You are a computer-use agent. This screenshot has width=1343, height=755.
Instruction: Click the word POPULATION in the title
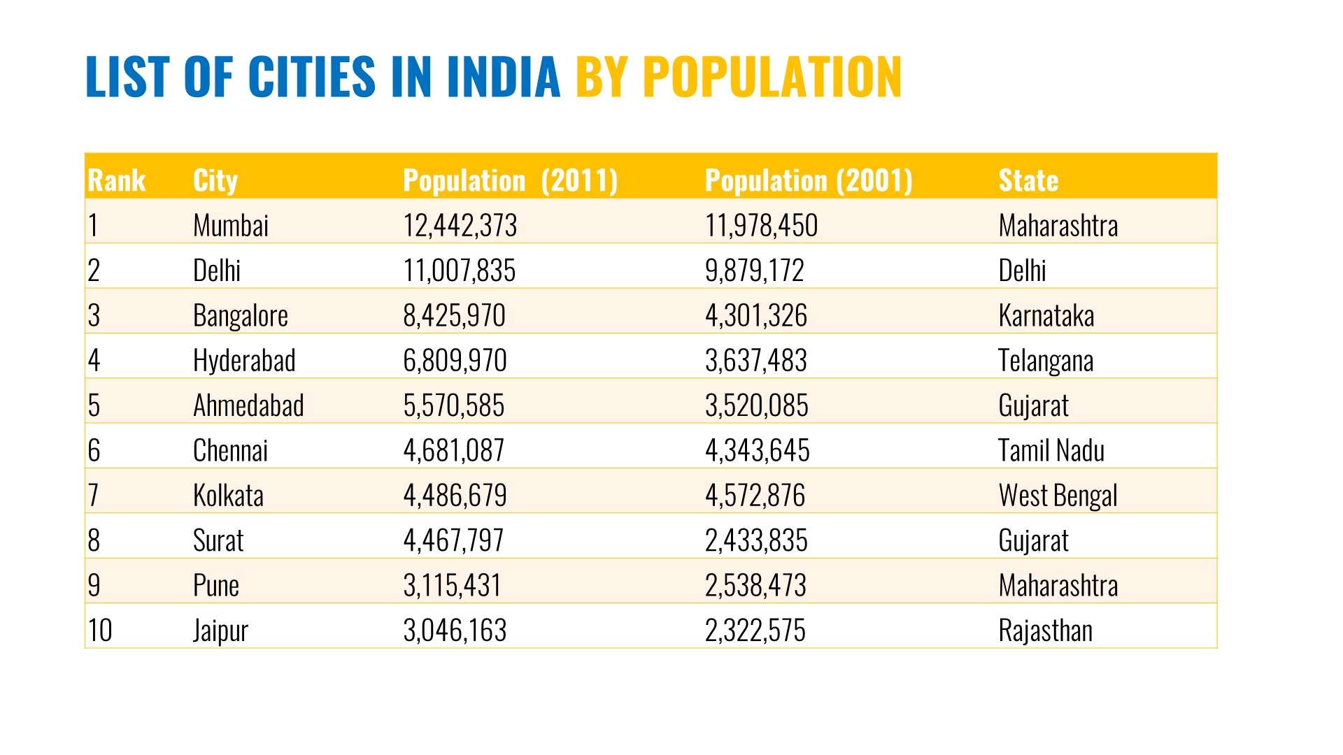(x=772, y=76)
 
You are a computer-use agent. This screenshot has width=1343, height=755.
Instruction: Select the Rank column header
(x=117, y=180)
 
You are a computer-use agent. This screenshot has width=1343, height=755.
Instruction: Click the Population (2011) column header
(x=511, y=180)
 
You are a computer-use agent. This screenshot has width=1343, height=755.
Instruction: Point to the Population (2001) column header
(x=809, y=180)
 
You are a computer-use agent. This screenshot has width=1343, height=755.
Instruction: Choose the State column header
(x=1028, y=180)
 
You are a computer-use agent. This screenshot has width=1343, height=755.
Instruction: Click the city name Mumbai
(x=231, y=226)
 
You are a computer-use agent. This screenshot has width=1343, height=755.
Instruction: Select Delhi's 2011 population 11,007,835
(x=459, y=271)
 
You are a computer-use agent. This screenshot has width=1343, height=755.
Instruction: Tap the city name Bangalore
(x=241, y=316)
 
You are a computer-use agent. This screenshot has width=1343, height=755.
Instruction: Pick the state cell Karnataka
(x=1046, y=316)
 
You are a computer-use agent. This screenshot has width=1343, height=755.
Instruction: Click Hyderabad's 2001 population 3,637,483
(x=756, y=361)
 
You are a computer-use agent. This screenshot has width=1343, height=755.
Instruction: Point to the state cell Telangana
(x=1046, y=361)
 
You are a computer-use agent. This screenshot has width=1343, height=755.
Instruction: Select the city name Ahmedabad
(x=248, y=405)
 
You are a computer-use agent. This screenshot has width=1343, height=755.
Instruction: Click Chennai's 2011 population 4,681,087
(x=454, y=451)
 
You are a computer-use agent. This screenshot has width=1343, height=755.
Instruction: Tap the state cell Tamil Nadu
(x=1051, y=451)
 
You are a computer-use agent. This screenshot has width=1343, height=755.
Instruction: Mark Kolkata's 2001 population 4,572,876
(x=755, y=496)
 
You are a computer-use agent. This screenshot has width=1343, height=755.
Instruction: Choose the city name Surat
(x=218, y=540)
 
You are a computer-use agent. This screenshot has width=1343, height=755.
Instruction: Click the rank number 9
(x=94, y=586)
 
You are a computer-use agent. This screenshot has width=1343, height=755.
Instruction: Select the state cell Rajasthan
(x=1045, y=631)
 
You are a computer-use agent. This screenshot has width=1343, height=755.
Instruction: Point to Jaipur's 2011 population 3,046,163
(x=455, y=631)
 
